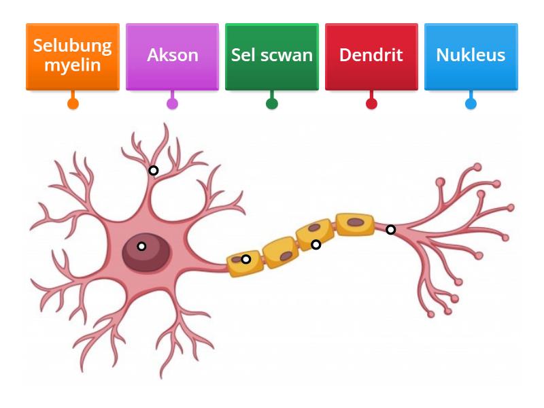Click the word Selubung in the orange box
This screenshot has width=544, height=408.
[x=73, y=46]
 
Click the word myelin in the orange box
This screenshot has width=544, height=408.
[x=73, y=65]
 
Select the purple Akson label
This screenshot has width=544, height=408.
[x=172, y=55]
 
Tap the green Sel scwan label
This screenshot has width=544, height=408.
[x=271, y=55]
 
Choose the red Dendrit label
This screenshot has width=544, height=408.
[x=371, y=55]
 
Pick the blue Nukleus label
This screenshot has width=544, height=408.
[x=471, y=55]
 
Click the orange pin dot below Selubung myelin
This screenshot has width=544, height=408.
[x=73, y=103]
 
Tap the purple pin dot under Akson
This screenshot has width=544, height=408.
[x=172, y=103]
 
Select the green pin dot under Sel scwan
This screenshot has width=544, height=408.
[x=272, y=103]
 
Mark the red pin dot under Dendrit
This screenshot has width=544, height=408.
[x=371, y=103]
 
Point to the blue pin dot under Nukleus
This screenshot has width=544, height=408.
[x=471, y=103]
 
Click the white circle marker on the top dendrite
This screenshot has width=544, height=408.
[x=154, y=170]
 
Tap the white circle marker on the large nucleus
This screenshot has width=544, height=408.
[x=141, y=246]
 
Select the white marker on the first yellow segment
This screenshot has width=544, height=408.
[x=246, y=259]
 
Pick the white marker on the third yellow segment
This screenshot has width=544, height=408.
[x=316, y=245]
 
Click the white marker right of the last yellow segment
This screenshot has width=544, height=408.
[x=390, y=230]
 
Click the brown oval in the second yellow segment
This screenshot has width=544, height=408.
[x=286, y=256]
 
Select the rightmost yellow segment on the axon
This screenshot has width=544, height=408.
[x=355, y=224]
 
